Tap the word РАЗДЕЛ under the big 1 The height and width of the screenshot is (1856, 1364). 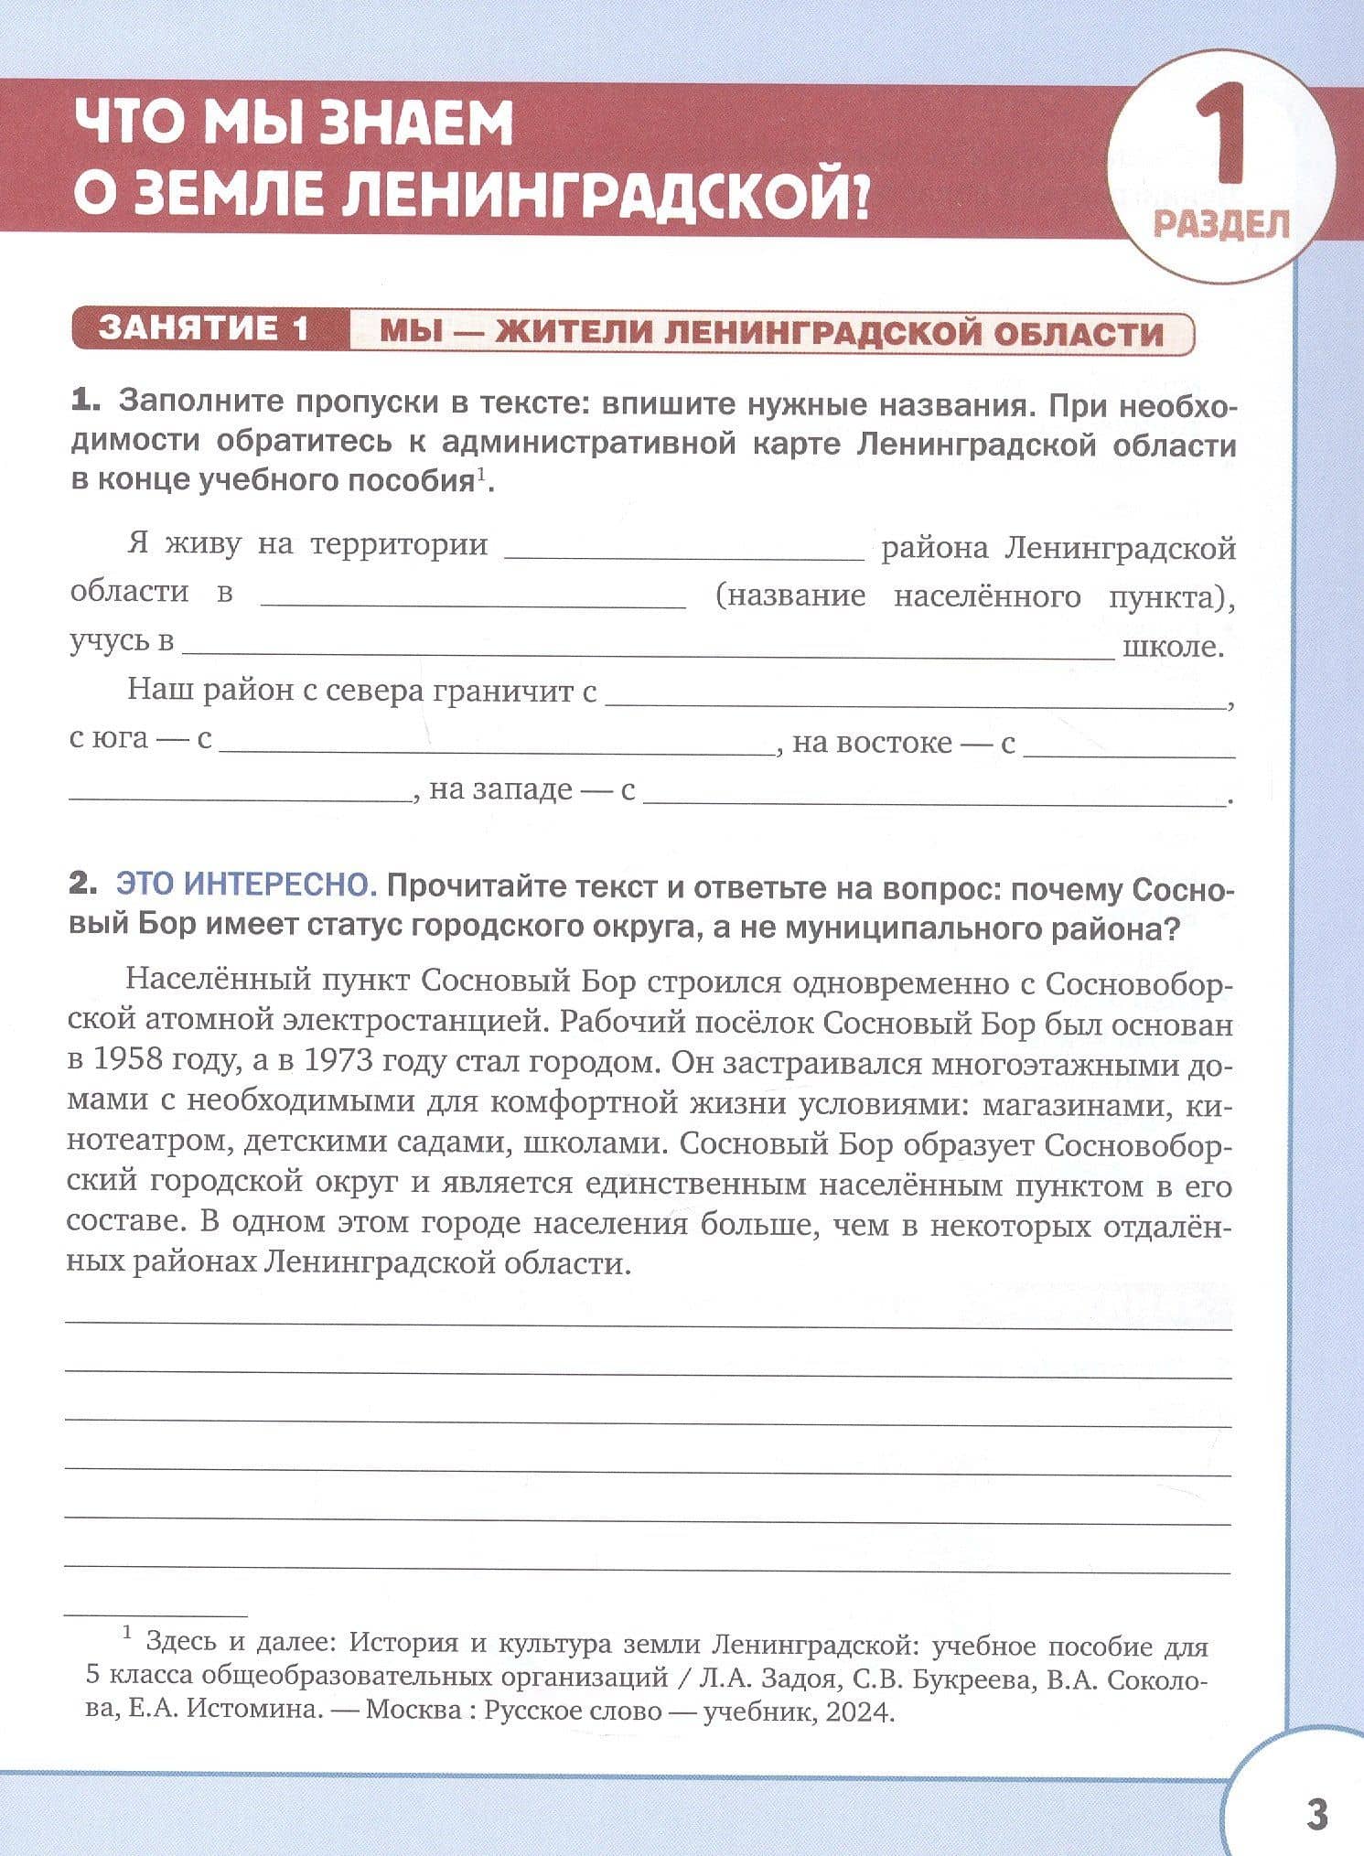(1221, 223)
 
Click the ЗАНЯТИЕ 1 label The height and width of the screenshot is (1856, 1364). (205, 330)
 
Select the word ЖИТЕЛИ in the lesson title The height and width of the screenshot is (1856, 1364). (571, 332)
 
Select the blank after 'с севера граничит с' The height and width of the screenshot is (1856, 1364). (915, 700)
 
